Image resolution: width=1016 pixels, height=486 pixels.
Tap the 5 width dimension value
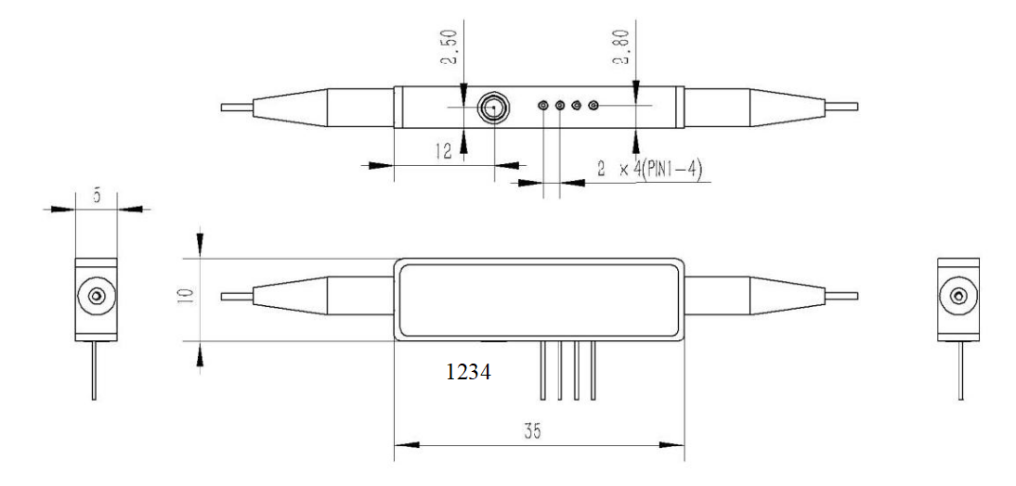[x=96, y=195]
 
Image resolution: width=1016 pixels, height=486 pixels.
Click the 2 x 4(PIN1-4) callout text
[x=650, y=170]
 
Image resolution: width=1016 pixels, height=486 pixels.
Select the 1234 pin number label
[x=468, y=374]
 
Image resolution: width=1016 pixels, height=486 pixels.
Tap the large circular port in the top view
[x=492, y=108]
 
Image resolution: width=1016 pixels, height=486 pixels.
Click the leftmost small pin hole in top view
[x=543, y=107]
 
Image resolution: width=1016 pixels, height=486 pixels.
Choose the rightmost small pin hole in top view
[x=593, y=107]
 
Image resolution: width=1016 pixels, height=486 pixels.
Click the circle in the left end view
[x=95, y=297]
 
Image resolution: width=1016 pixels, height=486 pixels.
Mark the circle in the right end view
[x=958, y=297]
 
